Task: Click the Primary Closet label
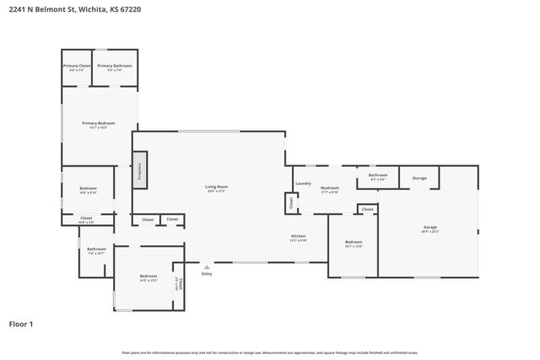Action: click(76, 66)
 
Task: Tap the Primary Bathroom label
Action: click(114, 66)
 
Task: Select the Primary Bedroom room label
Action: click(98, 123)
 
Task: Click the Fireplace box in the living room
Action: click(141, 171)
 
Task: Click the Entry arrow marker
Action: click(207, 266)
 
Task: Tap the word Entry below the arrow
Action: click(207, 273)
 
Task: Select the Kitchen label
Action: click(298, 236)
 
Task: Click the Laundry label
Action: click(303, 183)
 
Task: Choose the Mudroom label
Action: click(329, 188)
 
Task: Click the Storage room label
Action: click(419, 178)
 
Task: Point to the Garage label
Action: click(430, 227)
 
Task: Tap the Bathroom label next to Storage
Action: click(377, 175)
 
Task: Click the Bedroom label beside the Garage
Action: click(353, 242)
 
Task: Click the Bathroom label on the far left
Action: click(96, 249)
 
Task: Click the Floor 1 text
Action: click(21, 323)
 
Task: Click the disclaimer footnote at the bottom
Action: click(269, 352)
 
